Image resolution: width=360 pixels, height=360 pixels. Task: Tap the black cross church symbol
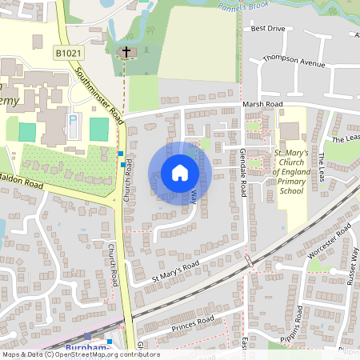[125, 53]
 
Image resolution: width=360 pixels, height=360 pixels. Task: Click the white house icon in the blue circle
[180, 172]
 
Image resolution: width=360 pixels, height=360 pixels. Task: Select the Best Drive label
[267, 29]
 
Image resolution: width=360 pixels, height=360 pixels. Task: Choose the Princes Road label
[194, 324]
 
